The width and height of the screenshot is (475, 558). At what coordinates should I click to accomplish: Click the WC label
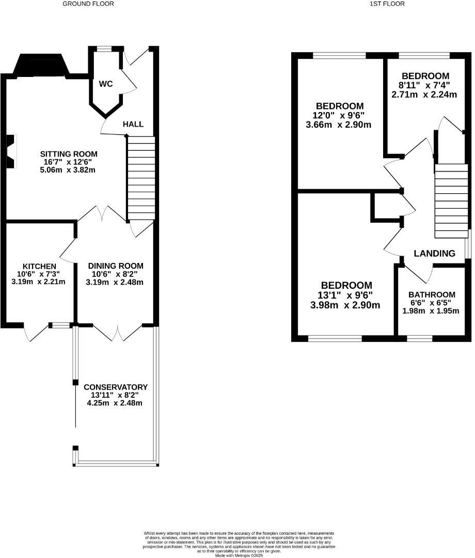click(106, 84)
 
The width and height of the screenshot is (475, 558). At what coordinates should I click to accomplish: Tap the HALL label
click(133, 124)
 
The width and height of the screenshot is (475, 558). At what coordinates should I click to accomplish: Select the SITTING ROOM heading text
click(69, 154)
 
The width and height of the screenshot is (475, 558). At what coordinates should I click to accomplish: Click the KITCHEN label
click(39, 266)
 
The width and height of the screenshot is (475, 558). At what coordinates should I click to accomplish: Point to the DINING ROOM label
click(116, 266)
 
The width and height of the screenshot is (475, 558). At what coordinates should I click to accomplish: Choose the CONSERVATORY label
click(116, 387)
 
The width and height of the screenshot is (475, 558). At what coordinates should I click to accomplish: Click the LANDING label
click(434, 253)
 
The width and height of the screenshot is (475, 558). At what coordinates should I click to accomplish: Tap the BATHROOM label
click(432, 295)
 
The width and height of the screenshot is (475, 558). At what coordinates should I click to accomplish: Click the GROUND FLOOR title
click(88, 4)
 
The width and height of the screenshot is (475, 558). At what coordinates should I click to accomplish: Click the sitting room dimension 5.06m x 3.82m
click(68, 170)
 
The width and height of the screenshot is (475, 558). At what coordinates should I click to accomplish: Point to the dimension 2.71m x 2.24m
click(424, 95)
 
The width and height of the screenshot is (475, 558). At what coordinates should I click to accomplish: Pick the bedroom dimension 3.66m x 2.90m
click(339, 125)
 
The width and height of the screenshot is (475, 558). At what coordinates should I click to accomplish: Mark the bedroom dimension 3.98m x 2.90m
click(345, 305)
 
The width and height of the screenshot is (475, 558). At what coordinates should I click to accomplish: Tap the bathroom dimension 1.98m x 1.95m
click(431, 311)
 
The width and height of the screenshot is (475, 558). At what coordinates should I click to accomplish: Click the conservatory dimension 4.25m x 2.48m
click(115, 403)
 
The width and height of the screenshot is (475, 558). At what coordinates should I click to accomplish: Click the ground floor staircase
click(141, 178)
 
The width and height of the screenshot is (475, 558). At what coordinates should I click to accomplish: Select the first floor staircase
click(451, 201)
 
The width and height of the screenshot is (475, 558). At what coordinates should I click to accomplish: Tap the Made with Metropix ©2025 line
click(239, 555)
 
